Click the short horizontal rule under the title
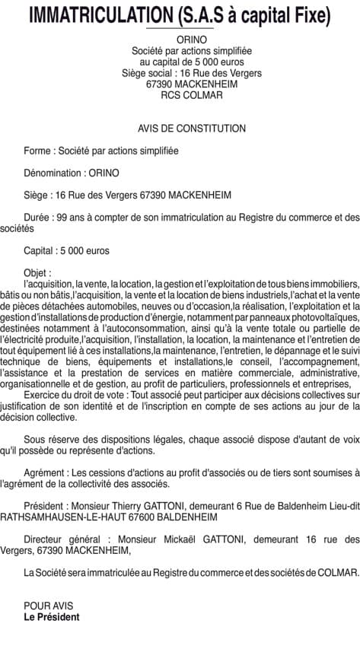(x=180, y=28)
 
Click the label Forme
(x=37, y=151)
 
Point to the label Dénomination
(x=53, y=173)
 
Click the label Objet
(x=37, y=272)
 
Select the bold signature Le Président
(x=52, y=616)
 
